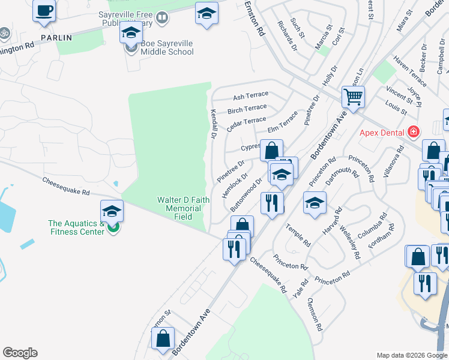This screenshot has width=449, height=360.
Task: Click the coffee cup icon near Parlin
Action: pos(44,12)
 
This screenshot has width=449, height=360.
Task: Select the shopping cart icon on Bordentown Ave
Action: pos(353,96)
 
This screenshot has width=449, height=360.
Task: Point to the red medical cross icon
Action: pos(412,131)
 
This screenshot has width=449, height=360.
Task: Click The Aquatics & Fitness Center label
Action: pos(77,227)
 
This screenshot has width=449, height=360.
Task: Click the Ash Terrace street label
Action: pos(250,97)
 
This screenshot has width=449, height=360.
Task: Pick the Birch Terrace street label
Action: pos(247,109)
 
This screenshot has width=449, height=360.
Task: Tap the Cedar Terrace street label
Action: pos(246,124)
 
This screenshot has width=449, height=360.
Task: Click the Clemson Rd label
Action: pos(315,314)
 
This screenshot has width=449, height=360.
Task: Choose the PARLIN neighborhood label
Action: pos(56,37)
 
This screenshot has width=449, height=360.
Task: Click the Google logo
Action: pos(20,353)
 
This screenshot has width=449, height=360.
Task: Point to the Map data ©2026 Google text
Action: pos(411,355)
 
